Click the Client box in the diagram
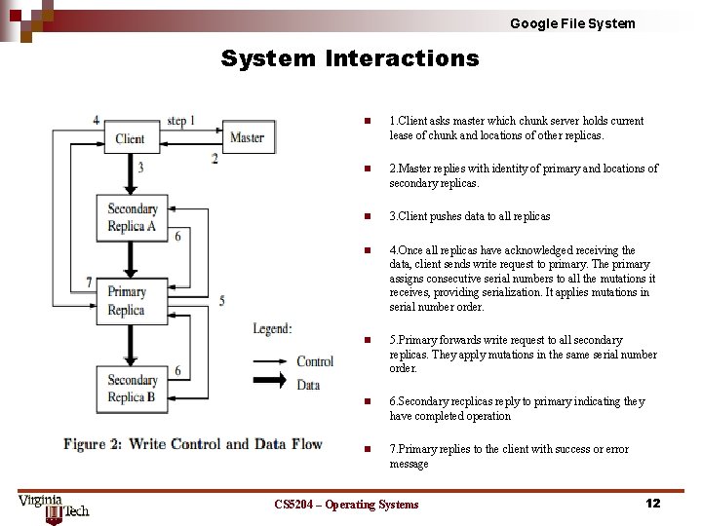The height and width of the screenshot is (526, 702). pyautogui.click(x=130, y=138)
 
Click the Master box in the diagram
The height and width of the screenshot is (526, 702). pyautogui.click(x=247, y=137)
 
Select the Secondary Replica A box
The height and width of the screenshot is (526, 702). pyautogui.click(x=132, y=217)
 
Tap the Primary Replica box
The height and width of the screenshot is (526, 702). pyautogui.click(x=127, y=300)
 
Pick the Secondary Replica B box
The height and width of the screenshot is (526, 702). pyautogui.click(x=132, y=388)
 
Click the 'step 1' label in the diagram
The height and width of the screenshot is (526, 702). pyautogui.click(x=181, y=121)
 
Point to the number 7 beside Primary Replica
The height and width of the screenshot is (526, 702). pyautogui.click(x=89, y=282)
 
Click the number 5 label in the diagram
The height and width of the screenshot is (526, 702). pyautogui.click(x=221, y=301)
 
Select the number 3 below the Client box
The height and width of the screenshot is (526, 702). pyautogui.click(x=140, y=168)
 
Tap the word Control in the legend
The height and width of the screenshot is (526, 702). pyautogui.click(x=315, y=361)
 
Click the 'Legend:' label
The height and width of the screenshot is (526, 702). pyautogui.click(x=272, y=329)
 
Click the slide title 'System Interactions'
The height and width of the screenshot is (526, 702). pyautogui.click(x=350, y=58)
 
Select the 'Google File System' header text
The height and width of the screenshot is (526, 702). pyautogui.click(x=572, y=23)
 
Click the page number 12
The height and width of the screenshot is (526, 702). pyautogui.click(x=652, y=503)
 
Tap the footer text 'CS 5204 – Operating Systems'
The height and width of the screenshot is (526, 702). pyautogui.click(x=346, y=504)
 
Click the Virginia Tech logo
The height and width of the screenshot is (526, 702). pyautogui.click(x=54, y=507)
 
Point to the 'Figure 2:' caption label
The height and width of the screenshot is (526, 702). pyautogui.click(x=93, y=444)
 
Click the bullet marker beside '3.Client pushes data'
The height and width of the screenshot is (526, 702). pyautogui.click(x=366, y=216)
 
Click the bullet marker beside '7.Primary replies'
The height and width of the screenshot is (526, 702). pyautogui.click(x=366, y=449)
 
